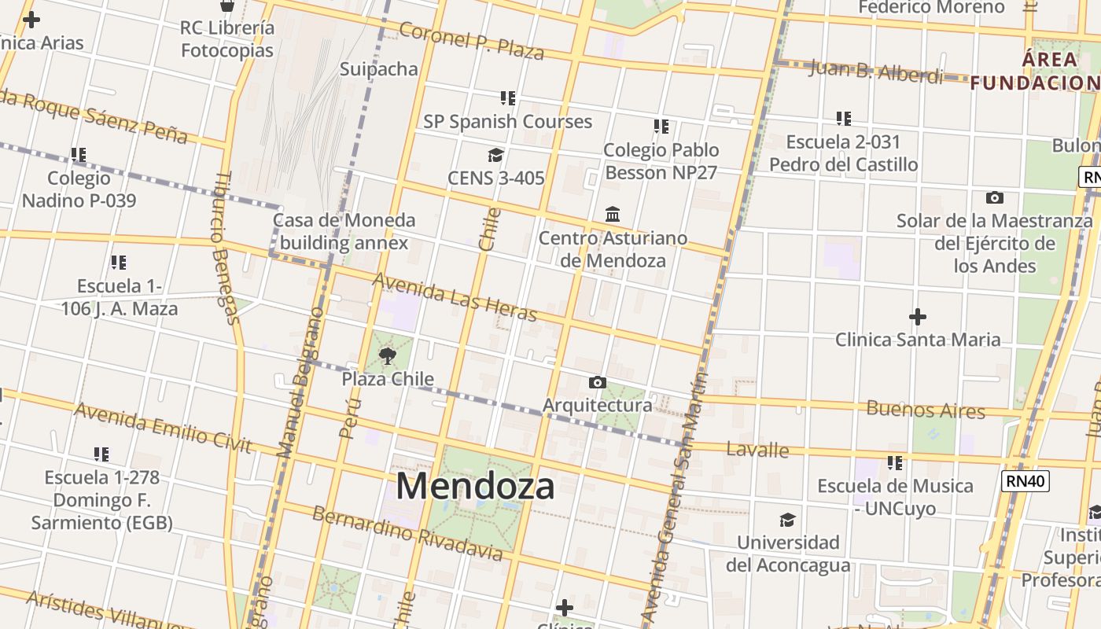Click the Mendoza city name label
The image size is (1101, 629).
[x=475, y=485]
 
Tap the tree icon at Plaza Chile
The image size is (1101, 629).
[x=388, y=356]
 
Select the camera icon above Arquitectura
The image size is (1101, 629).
[x=598, y=383]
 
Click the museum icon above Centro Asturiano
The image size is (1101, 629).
[x=613, y=214]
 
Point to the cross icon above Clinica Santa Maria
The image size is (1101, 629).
[x=917, y=317]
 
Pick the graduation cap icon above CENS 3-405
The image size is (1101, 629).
[x=495, y=155]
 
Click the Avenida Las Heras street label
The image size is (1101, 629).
[x=455, y=297]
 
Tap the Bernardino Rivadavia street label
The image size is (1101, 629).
[x=407, y=534]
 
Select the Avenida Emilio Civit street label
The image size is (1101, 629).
[x=163, y=428]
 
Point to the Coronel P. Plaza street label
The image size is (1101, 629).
[x=471, y=41]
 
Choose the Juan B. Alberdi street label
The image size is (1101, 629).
[x=875, y=72]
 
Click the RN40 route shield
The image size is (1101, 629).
[x=1026, y=480]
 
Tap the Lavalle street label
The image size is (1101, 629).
[x=757, y=450]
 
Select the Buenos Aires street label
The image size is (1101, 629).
[x=925, y=410]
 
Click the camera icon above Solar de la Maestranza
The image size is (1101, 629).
[x=994, y=197]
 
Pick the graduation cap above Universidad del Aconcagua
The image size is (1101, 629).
[x=787, y=520]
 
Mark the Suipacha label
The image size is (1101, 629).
[x=379, y=69]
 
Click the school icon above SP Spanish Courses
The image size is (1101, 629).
[x=508, y=98]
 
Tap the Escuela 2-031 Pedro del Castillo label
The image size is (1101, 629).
[x=843, y=153]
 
